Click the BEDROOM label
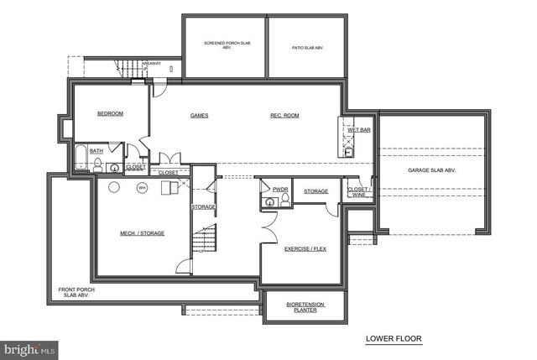(110, 114)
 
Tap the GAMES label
(199, 116)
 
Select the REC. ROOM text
(284, 116)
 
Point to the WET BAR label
(359, 131)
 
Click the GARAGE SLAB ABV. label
(431, 170)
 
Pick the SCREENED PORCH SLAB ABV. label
(223, 45)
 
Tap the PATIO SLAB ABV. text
(307, 49)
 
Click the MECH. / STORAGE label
(142, 233)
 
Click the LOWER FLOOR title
(394, 340)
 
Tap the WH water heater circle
(142, 187)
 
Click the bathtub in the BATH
(81, 157)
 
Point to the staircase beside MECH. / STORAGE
(202, 239)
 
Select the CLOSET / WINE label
(358, 191)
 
